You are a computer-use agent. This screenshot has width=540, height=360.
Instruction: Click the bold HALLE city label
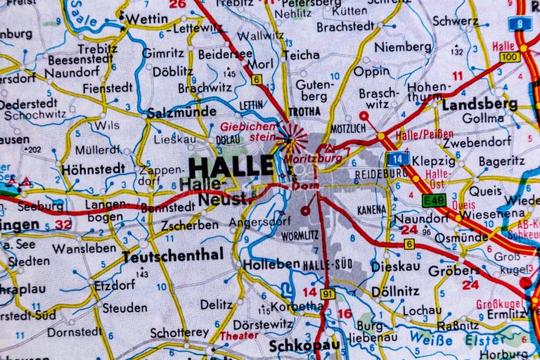coord(231,167)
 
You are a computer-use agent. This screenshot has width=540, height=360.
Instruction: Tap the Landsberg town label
coord(480,105)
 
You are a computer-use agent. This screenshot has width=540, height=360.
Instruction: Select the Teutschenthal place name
coord(172,255)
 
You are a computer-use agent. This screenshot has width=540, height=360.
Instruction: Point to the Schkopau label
coord(304,346)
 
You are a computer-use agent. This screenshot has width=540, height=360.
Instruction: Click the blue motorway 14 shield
coord(397,158)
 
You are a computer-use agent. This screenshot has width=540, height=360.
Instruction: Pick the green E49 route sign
coord(434,200)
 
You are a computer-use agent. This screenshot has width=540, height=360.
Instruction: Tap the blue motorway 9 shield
coord(520,23)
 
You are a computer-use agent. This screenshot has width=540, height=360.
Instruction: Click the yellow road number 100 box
coord(510,56)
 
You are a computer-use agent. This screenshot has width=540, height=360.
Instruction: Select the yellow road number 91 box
coord(328,294)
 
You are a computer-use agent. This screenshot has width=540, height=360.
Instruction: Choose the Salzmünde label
coord(181,112)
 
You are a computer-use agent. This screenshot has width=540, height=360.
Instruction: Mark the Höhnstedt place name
coord(93,169)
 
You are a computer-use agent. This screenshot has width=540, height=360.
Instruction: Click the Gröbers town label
coord(454,270)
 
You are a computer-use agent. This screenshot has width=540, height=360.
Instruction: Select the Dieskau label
coord(396,266)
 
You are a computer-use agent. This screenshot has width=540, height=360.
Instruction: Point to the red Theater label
coord(234,336)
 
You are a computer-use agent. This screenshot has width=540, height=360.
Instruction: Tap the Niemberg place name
coord(402,47)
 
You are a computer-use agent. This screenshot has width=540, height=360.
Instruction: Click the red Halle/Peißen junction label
coord(424,134)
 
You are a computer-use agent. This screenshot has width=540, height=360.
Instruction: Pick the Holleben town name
coord(271,264)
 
